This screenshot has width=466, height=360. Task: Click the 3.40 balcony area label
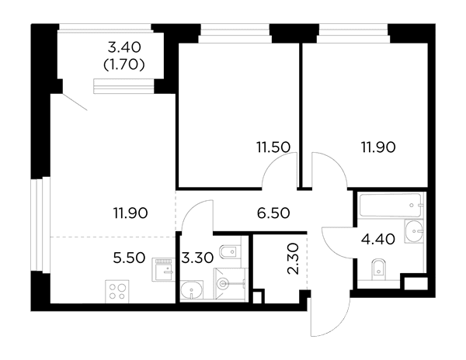click(x=124, y=47)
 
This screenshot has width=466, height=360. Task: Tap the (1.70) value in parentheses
click(x=124, y=64)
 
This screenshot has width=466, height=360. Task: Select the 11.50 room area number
click(x=273, y=147)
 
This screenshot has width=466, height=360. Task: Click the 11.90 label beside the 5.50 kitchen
click(x=130, y=213)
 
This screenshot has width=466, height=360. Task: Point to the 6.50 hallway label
click(x=273, y=213)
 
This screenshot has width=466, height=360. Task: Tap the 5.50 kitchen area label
click(x=129, y=258)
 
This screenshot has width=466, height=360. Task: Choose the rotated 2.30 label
click(x=293, y=258)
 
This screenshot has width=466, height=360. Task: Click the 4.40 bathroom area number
click(x=378, y=239)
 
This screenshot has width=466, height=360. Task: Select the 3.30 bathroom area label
click(x=197, y=258)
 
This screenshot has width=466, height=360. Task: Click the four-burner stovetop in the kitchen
click(x=117, y=292)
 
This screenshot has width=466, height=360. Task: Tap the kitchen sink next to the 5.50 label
click(x=163, y=269)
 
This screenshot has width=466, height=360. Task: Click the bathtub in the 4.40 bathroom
click(x=391, y=205)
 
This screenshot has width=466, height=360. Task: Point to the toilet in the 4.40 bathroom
click(x=379, y=270)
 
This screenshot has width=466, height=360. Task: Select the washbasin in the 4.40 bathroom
click(x=413, y=231)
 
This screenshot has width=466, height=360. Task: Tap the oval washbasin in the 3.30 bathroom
click(x=192, y=289)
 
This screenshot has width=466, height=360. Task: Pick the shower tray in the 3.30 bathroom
click(x=231, y=283)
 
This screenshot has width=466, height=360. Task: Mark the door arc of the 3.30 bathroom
click(x=193, y=210)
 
